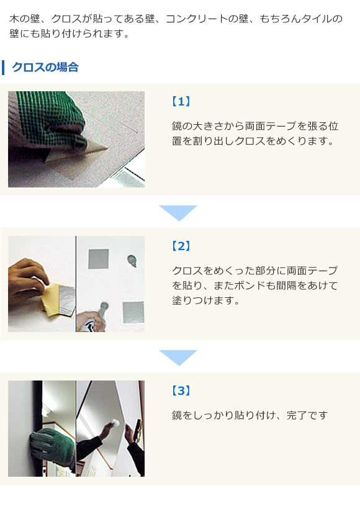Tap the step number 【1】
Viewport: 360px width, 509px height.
pyautogui.click(x=181, y=101)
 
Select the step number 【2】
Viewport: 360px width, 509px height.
pyautogui.click(x=181, y=246)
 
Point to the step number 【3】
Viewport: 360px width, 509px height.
pyautogui.click(x=181, y=390)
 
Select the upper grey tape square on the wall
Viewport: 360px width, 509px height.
pyautogui.click(x=98, y=258)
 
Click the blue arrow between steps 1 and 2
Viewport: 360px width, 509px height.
pyautogui.click(x=178, y=212)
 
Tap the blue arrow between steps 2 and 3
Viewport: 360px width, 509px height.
pyautogui.click(x=178, y=357)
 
